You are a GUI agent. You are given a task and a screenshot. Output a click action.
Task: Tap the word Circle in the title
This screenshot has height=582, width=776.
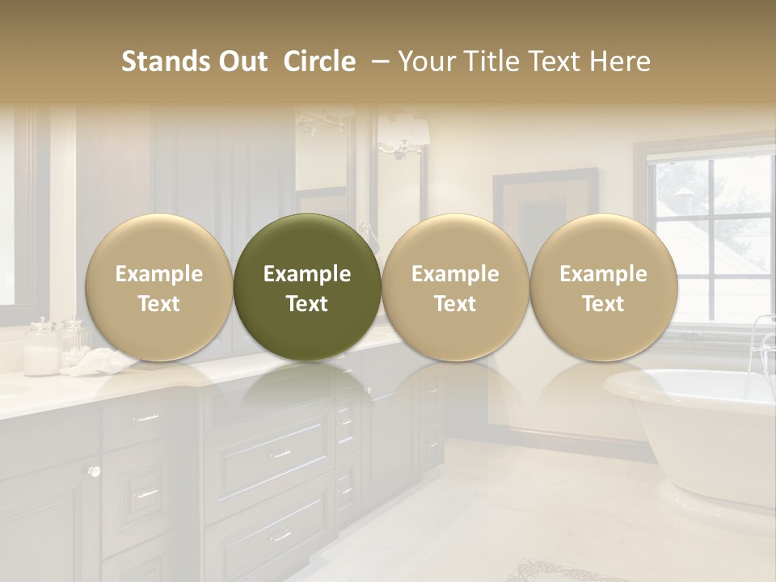tap(319, 61)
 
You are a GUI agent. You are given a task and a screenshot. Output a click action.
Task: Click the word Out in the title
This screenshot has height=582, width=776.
tap(241, 61)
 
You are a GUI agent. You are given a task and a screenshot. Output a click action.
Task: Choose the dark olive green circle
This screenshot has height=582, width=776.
tap(307, 286)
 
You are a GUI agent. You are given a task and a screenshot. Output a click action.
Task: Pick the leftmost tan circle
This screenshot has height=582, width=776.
tap(159, 286)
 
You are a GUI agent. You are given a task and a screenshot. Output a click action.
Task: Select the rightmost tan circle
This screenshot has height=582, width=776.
tap(603, 286)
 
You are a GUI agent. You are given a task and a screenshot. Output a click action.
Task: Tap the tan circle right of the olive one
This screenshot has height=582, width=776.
tap(455, 286)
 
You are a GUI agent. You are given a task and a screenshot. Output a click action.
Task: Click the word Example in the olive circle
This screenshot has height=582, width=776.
tap(307, 274)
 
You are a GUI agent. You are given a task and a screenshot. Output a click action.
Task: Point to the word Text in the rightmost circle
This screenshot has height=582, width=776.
tap(603, 304)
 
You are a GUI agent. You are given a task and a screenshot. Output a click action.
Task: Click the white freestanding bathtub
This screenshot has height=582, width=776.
tap(695, 428)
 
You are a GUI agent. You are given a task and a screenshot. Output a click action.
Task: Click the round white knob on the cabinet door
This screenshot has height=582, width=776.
tap(95, 471)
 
